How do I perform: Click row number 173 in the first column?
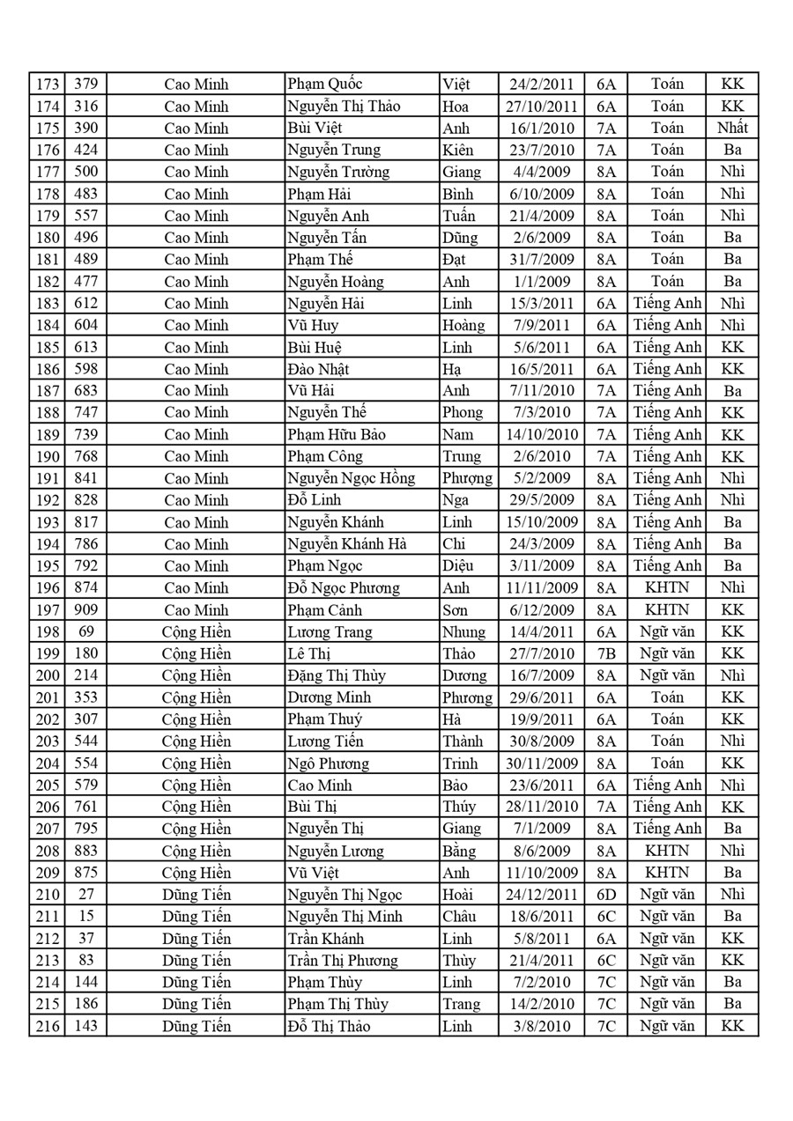47,85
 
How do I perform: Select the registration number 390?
86,128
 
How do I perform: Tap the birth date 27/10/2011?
542,107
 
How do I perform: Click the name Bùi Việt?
314,128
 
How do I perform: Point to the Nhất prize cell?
731,128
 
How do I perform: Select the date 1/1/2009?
542,282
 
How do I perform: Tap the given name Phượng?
466,478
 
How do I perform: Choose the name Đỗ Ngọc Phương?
344,588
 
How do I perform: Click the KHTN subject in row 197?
666,609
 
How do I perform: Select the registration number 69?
86,631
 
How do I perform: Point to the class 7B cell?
606,653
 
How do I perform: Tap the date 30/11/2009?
542,763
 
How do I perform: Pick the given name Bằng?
459,851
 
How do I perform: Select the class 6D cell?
606,895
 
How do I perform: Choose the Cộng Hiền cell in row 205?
196,785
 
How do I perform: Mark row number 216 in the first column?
47,1026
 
